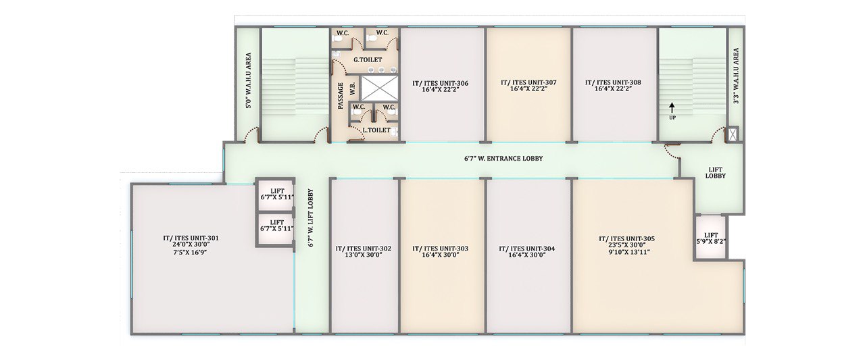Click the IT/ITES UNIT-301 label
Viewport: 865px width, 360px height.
[191, 238]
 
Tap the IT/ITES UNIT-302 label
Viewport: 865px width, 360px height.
[364, 249]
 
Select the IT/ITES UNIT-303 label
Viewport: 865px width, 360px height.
[440, 249]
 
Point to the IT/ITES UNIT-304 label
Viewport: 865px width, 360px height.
[526, 249]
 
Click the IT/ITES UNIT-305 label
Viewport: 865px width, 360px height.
[626, 239]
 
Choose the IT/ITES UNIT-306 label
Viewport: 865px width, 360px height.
[440, 83]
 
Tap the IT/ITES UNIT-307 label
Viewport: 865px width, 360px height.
[528, 82]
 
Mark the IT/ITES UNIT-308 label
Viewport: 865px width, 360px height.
[613, 82]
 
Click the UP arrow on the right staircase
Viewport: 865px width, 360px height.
[672, 107]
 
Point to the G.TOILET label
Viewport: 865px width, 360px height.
[368, 60]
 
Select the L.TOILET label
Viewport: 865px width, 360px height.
[376, 130]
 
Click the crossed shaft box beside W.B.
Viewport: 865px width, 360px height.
[379, 88]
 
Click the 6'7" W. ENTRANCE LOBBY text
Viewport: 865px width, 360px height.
[503, 159]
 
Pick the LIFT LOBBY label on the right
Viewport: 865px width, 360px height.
[715, 173]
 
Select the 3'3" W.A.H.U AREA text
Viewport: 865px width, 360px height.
[736, 76]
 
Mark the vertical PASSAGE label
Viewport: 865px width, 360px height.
[340, 96]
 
